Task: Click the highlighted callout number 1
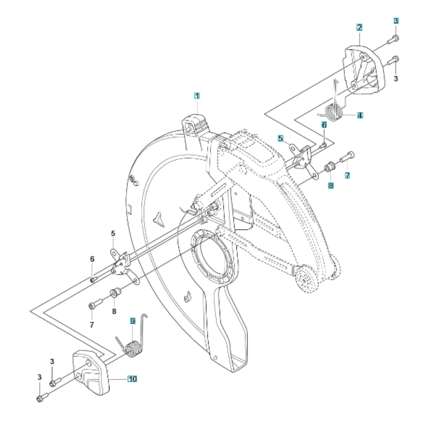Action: (197, 96)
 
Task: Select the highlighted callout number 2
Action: (360, 27)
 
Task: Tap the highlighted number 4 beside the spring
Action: (360, 115)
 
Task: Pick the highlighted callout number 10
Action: (133, 379)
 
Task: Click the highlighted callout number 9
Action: (133, 321)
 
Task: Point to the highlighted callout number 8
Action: (331, 185)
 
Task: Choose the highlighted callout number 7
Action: (347, 175)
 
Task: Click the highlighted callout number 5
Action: (281, 139)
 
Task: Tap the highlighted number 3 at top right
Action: (396, 21)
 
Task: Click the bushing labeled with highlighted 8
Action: (329, 166)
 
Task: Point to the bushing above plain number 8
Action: (115, 293)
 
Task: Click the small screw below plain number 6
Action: (93, 280)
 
